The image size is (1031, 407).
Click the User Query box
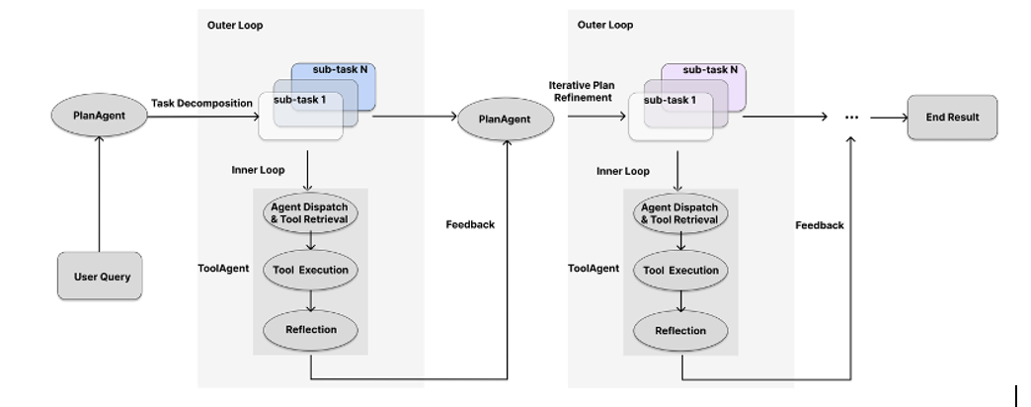click(101, 278)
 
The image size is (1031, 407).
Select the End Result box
click(952, 118)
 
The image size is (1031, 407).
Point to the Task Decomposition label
click(201, 103)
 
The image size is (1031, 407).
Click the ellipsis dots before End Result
click(852, 118)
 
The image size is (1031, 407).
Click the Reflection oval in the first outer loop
click(310, 330)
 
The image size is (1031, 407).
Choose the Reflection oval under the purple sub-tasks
click(680, 330)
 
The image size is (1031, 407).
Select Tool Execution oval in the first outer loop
click(310, 270)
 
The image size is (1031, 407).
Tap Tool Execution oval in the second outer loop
click(680, 270)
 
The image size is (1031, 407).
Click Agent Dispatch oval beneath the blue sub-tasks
click(310, 212)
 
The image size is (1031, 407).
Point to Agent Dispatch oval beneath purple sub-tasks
click(680, 212)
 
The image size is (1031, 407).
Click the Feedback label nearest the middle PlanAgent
click(470, 225)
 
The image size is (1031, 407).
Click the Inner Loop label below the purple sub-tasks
click(623, 172)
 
